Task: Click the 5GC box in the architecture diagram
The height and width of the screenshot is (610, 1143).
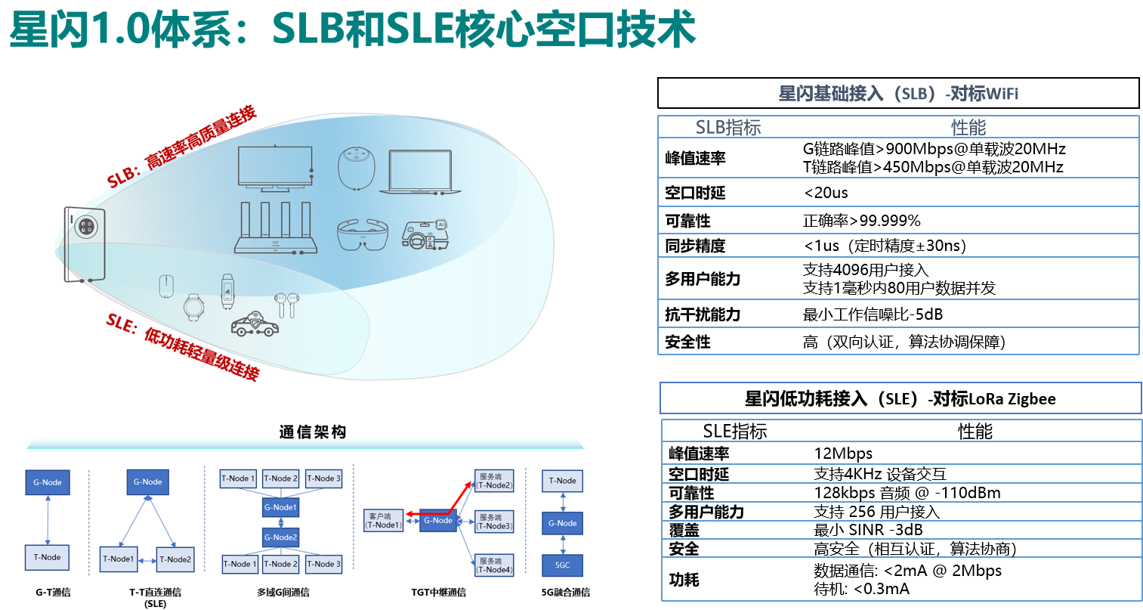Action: click(562, 565)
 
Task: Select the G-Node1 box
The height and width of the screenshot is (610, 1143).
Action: click(280, 507)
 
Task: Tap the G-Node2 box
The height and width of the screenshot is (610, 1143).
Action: click(280, 537)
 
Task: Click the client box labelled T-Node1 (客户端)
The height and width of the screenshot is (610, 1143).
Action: click(384, 520)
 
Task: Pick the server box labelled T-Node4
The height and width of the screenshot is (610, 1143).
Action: click(494, 565)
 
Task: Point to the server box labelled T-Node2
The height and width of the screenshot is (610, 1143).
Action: click(494, 481)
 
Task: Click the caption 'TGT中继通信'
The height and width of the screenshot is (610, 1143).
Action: click(438, 592)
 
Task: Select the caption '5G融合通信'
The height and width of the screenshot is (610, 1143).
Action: click(565, 592)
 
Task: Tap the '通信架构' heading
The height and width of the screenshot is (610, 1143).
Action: click(313, 432)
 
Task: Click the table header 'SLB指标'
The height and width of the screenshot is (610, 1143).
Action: click(728, 127)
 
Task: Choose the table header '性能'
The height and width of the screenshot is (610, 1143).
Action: click(968, 127)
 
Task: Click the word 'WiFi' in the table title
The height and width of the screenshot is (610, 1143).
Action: click(1002, 94)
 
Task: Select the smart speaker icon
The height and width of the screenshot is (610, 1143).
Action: click(356, 168)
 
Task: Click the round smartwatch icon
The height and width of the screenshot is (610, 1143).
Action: click(193, 307)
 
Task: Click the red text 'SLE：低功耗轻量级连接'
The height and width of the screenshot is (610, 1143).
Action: click(183, 347)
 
